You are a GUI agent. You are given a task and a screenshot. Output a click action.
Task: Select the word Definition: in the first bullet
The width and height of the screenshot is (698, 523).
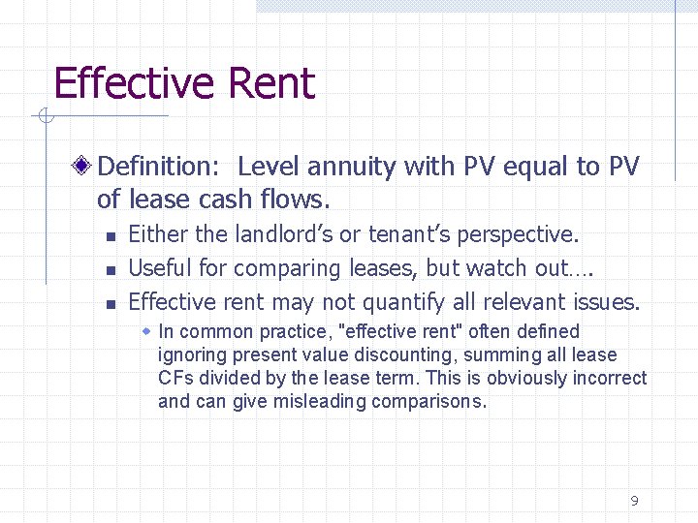pyautogui.click(x=160, y=167)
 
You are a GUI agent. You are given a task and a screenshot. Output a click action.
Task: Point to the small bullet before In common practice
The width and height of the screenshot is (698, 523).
pyautogui.click(x=146, y=331)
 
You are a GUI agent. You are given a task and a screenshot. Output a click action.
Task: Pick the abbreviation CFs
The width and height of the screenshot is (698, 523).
pyautogui.click(x=174, y=378)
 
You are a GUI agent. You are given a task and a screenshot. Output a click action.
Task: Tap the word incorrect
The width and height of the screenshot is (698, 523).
pyautogui.click(x=609, y=378)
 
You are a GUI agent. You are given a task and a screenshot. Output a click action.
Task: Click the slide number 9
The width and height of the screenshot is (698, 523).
pyautogui.click(x=634, y=501)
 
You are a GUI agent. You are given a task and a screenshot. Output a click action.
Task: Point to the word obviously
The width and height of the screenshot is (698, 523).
pyautogui.click(x=523, y=378)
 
